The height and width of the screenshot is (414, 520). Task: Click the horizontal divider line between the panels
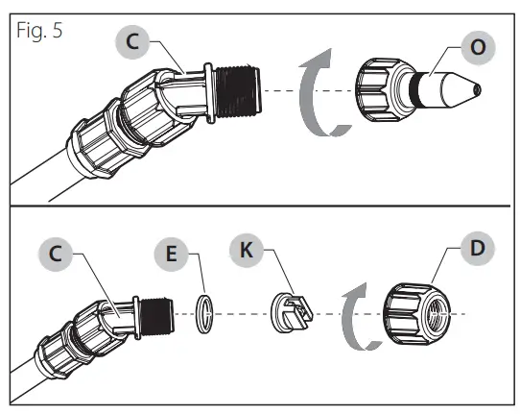pyautogui.click(x=259, y=207)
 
